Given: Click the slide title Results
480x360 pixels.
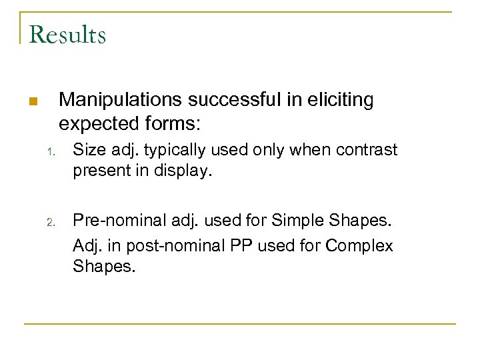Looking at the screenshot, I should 67,34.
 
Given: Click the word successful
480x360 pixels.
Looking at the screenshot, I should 229,100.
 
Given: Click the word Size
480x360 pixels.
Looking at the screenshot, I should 87,149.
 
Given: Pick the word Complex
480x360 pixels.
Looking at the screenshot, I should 359,245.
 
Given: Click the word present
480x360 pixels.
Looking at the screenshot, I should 101,171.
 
